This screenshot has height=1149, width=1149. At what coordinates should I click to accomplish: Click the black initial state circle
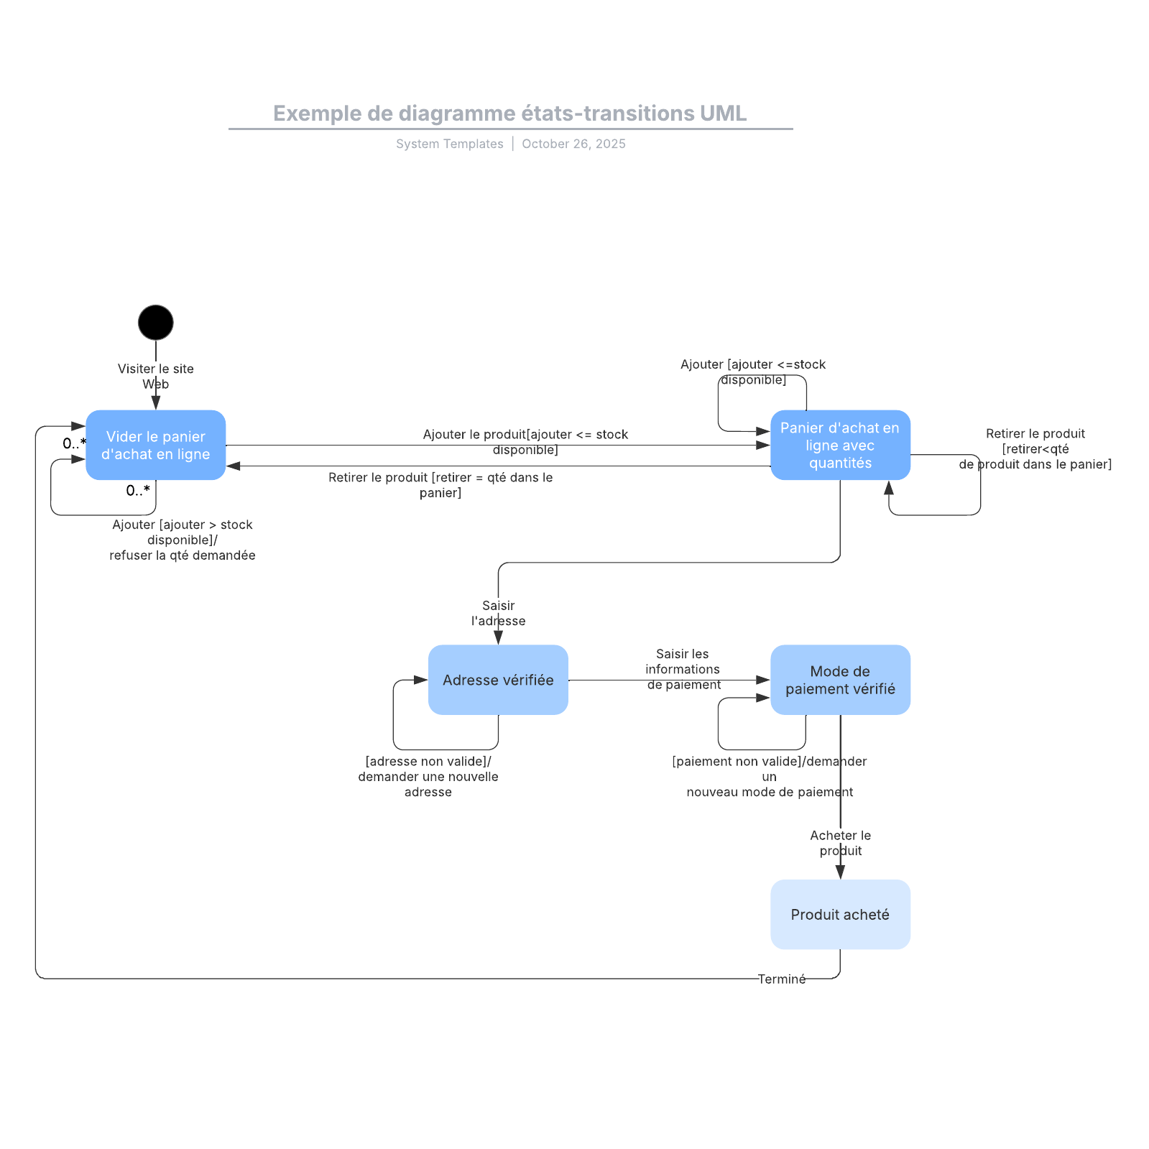155,323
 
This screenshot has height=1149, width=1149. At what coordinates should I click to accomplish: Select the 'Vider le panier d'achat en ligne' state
155,446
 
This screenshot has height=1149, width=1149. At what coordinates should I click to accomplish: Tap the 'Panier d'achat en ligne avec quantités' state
840,446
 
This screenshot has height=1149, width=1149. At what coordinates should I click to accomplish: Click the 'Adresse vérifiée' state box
498,680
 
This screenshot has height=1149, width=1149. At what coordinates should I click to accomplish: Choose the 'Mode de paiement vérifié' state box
840,680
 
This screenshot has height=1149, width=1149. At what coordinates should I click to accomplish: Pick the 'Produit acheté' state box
840,914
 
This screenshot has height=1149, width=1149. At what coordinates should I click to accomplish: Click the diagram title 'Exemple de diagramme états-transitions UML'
509,114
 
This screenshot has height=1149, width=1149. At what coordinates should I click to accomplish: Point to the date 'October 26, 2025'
573,144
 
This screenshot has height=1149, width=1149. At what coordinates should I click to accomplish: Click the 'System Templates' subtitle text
449,144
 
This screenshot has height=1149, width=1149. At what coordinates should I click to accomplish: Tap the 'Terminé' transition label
781,979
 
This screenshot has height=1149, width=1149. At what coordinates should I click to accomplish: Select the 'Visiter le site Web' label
155,376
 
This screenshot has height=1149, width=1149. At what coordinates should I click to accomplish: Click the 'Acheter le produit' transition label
840,843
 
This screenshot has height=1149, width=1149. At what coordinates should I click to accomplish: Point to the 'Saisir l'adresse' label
498,613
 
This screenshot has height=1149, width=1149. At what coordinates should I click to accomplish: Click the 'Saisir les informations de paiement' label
683,669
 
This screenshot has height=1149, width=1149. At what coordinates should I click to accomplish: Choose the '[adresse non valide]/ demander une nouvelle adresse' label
428,776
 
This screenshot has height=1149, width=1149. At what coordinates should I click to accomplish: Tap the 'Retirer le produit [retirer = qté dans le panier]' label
440,485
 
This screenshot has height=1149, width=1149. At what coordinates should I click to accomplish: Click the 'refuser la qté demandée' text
183,555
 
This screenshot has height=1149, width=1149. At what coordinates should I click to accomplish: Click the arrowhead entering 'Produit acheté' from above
840,872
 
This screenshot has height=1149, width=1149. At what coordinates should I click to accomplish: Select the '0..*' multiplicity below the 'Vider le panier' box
138,491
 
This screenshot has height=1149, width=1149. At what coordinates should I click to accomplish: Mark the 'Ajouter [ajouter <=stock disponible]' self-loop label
753,372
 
